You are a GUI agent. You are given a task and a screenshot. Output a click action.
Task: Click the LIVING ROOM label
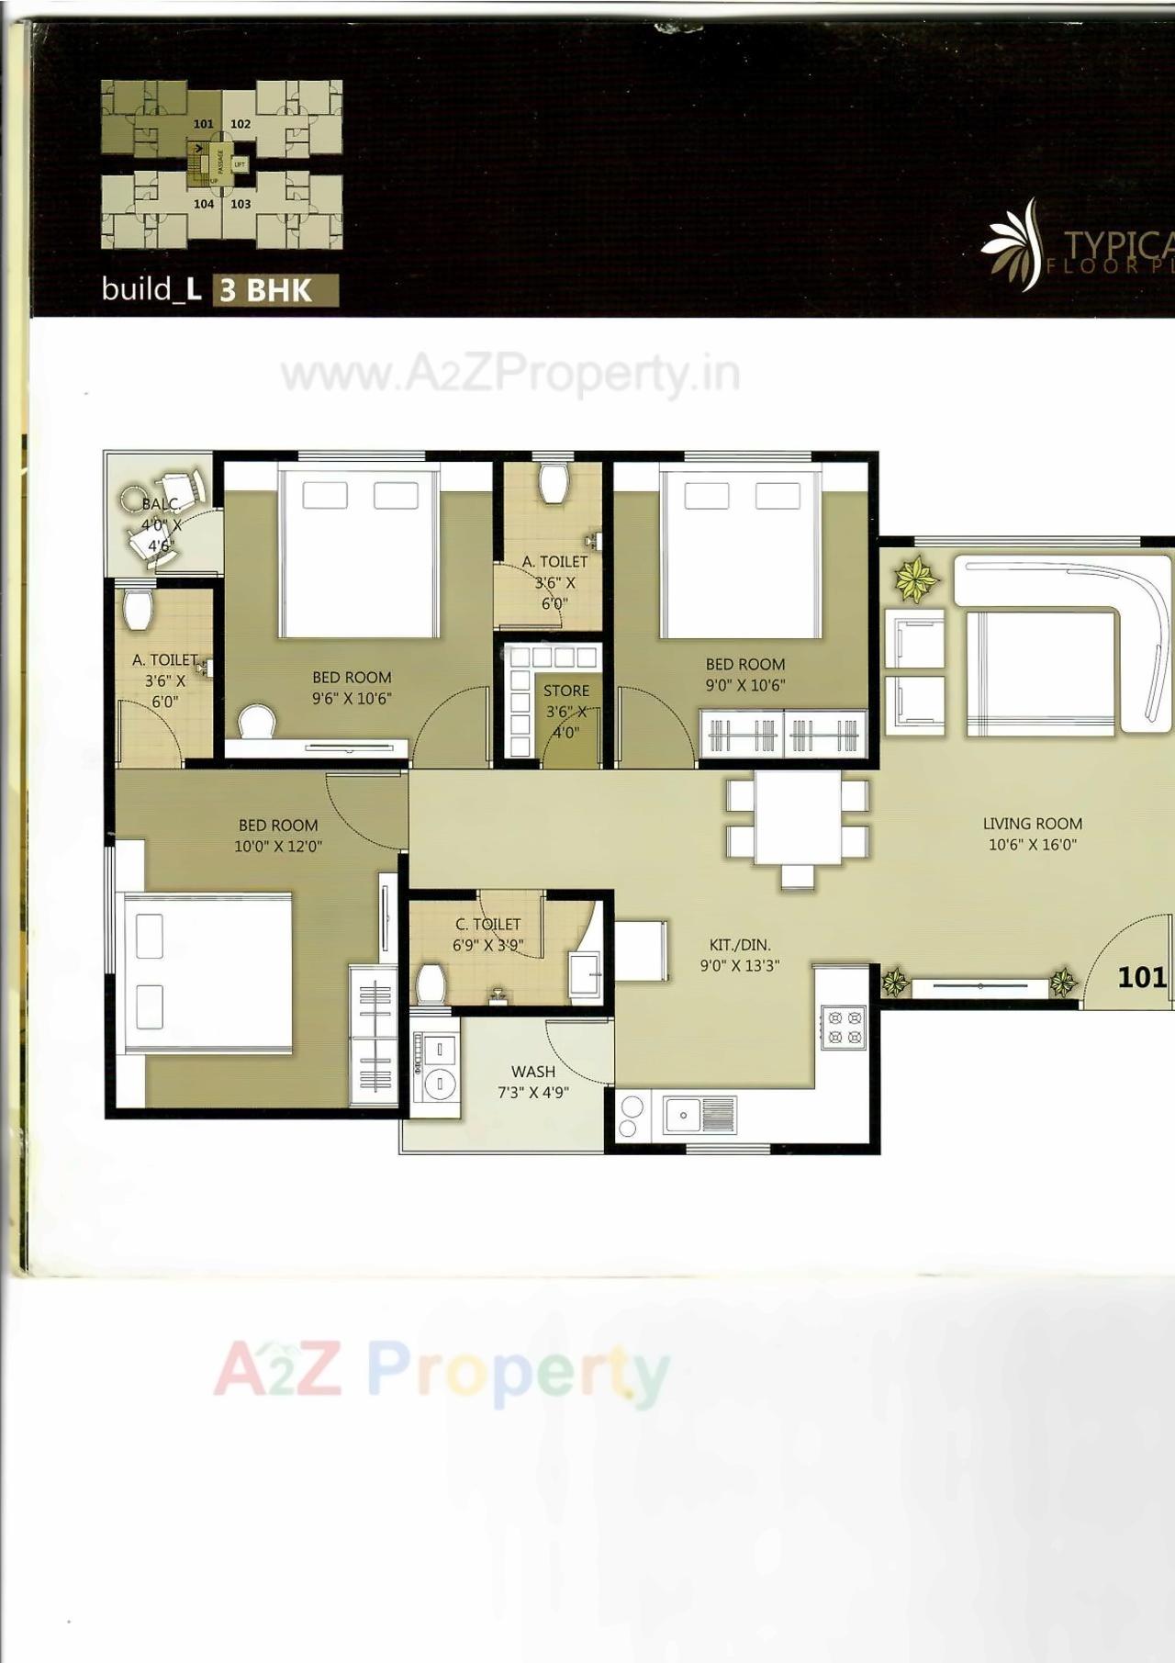coord(1032,824)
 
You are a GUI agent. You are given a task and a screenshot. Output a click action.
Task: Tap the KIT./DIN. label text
coord(740,944)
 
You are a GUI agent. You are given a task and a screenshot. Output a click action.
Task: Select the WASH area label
coord(533,1072)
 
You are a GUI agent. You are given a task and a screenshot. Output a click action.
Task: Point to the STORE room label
coord(566,691)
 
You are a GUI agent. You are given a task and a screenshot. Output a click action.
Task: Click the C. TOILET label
coord(487,924)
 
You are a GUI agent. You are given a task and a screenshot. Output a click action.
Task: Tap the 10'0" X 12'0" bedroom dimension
coord(278,846)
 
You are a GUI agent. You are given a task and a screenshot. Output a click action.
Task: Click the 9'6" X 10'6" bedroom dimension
coord(352,698)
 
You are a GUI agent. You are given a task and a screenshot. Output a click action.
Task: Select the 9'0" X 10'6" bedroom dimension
coord(745,685)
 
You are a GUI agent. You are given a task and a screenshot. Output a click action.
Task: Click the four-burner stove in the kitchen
coord(843,1027)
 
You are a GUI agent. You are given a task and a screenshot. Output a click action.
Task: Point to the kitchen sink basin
coord(683,1115)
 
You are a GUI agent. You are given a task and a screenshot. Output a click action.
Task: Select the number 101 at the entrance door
coord(1141,977)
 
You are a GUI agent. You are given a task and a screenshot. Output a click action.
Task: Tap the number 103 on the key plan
coord(241,204)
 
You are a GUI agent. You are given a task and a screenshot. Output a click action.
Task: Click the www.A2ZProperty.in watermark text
coord(510,374)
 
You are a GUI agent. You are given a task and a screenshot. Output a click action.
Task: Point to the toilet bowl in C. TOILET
coord(431,983)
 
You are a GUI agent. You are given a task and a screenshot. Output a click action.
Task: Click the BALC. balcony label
coord(160,504)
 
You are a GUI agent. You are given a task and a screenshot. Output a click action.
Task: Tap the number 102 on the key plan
coord(241,124)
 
